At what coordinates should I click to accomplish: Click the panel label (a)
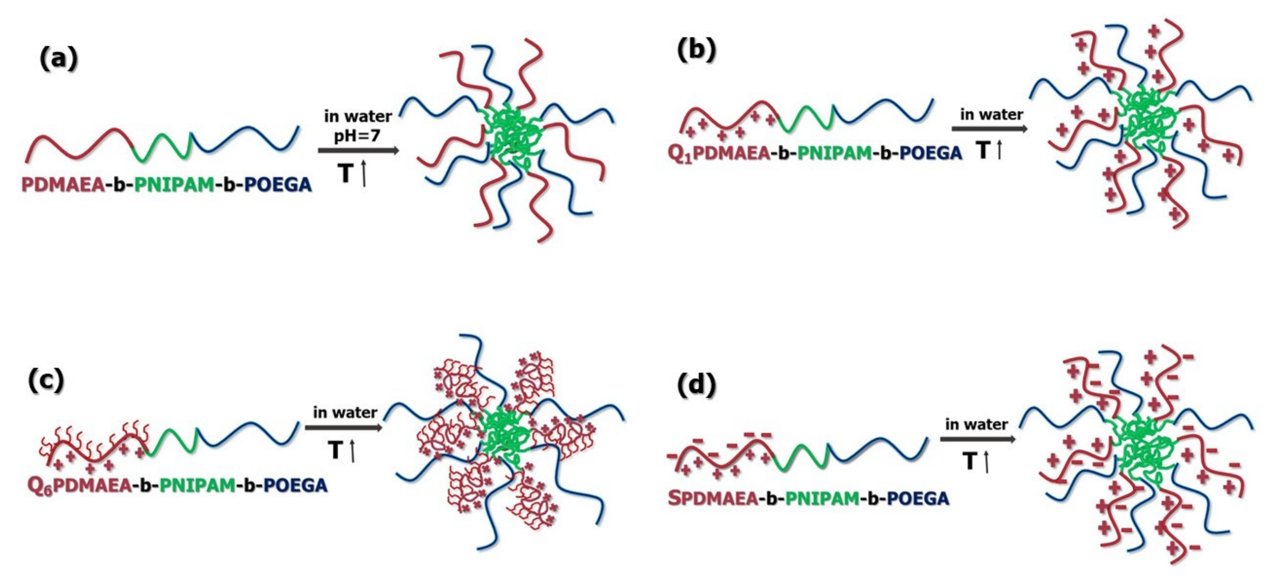[x=59, y=59]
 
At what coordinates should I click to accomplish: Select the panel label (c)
[x=46, y=380]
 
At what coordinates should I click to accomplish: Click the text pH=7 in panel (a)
[x=357, y=134]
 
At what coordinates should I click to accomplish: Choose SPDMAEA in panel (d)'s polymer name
[x=713, y=498]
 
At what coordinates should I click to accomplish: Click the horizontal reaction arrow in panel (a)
[x=358, y=150]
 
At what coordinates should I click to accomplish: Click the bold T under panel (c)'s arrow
[x=335, y=450]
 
